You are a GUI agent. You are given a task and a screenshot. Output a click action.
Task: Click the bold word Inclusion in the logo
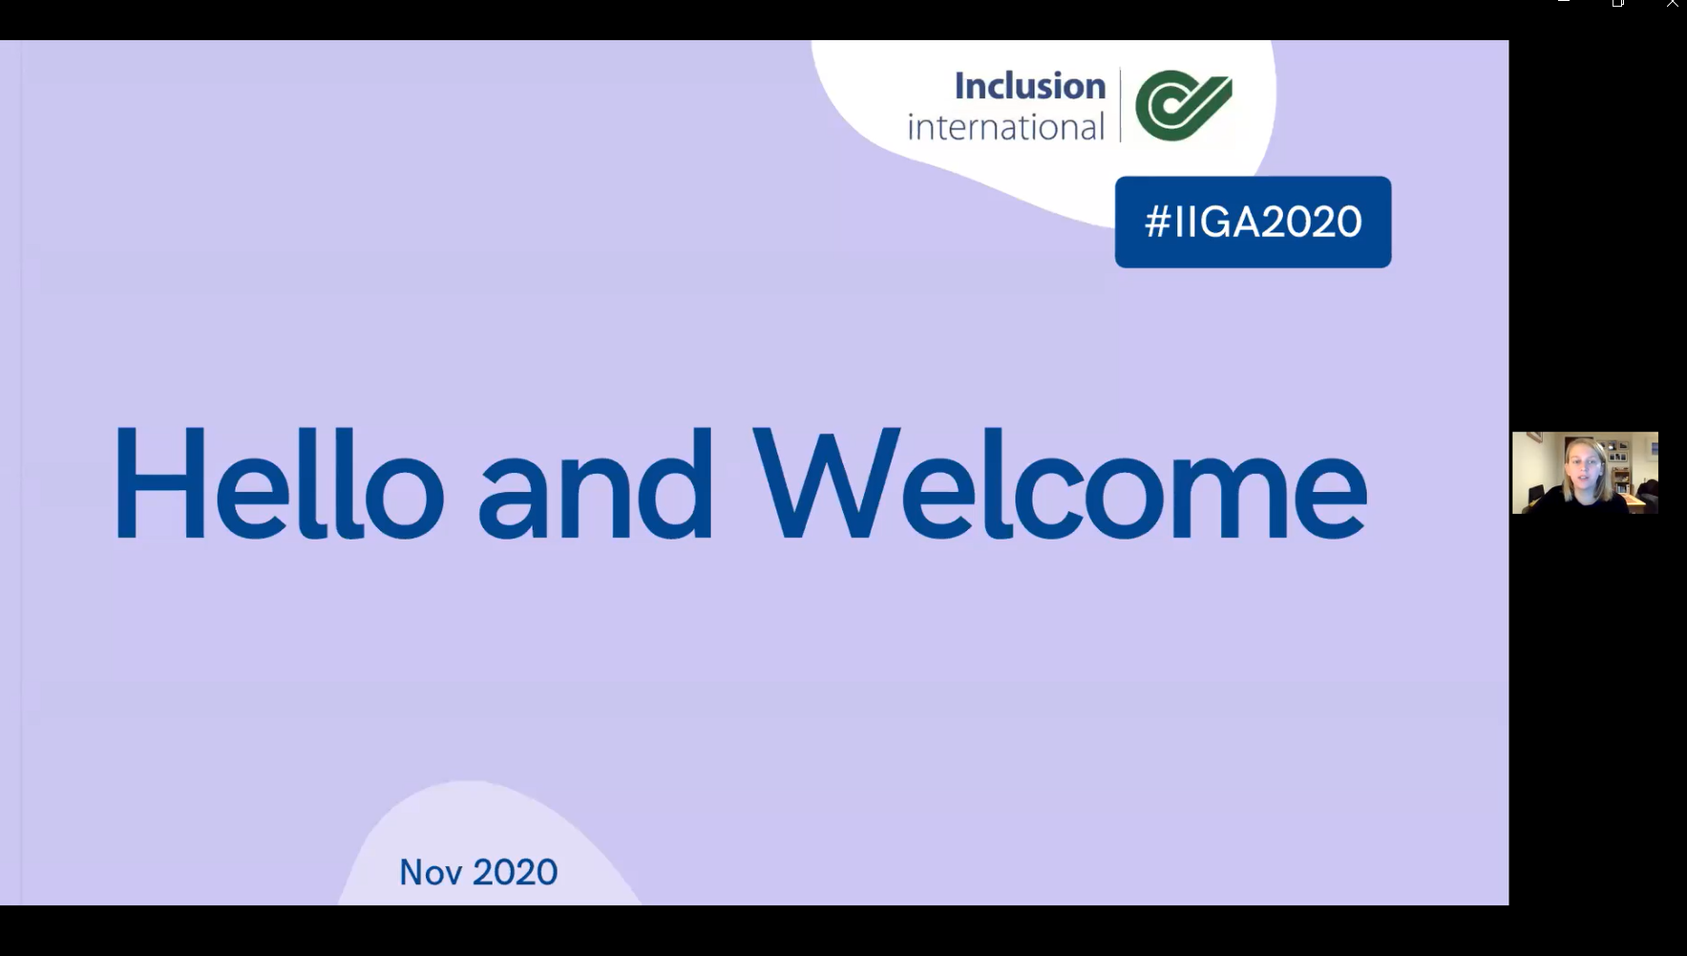click(1029, 86)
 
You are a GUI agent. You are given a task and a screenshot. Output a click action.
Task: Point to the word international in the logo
click(1005, 126)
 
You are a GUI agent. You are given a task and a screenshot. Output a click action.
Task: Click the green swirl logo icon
click(1183, 105)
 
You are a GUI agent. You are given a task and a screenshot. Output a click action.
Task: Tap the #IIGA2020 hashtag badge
click(1253, 222)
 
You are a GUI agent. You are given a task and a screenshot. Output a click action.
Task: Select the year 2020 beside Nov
click(515, 872)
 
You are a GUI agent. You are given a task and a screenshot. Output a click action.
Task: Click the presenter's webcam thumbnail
click(1585, 473)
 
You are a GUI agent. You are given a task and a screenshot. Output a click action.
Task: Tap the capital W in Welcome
click(826, 483)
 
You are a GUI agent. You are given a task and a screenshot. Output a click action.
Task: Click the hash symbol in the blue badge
click(1157, 222)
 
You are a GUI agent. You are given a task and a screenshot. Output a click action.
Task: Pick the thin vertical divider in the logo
click(1120, 105)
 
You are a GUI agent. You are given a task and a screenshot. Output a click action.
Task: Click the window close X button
click(1673, 3)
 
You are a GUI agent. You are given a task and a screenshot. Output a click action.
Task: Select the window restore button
click(1618, 3)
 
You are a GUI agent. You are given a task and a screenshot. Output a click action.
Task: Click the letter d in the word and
click(674, 483)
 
